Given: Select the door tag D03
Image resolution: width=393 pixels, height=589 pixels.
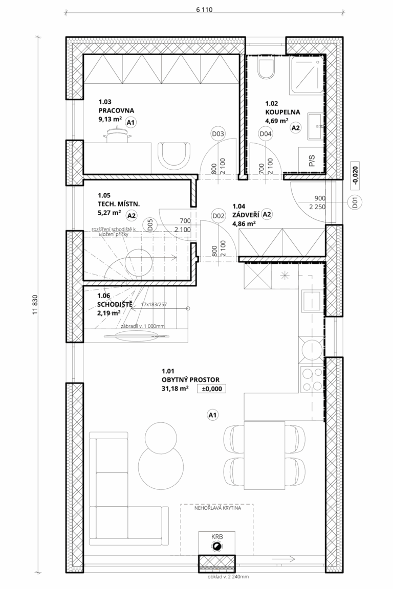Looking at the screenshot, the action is click(x=218, y=134).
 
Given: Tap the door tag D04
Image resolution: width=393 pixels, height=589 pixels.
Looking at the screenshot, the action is click(x=266, y=134).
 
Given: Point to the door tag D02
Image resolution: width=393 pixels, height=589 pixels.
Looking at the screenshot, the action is click(x=218, y=216).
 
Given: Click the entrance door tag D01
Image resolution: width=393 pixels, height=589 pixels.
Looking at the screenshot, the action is click(x=356, y=202).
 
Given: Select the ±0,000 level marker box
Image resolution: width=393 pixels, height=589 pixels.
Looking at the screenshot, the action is click(x=212, y=389).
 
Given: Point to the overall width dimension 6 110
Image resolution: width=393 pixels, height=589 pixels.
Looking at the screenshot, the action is click(x=204, y=10).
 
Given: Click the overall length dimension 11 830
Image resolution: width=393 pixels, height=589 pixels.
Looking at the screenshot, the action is click(x=36, y=304).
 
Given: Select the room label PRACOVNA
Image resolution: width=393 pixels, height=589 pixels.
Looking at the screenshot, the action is click(x=116, y=111).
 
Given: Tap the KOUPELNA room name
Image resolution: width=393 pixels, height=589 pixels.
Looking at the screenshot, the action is click(x=282, y=112).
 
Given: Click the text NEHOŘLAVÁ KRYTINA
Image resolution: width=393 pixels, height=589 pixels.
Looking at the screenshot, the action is click(x=218, y=508).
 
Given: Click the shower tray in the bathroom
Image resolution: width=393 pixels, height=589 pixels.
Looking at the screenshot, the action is click(x=307, y=75).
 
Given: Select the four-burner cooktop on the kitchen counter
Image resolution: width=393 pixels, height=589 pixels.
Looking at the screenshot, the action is click(x=312, y=379).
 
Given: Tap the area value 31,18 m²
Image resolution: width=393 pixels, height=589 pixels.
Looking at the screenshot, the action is click(x=175, y=389).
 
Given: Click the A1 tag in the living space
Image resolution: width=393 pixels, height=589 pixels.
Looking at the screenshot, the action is click(x=213, y=415).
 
